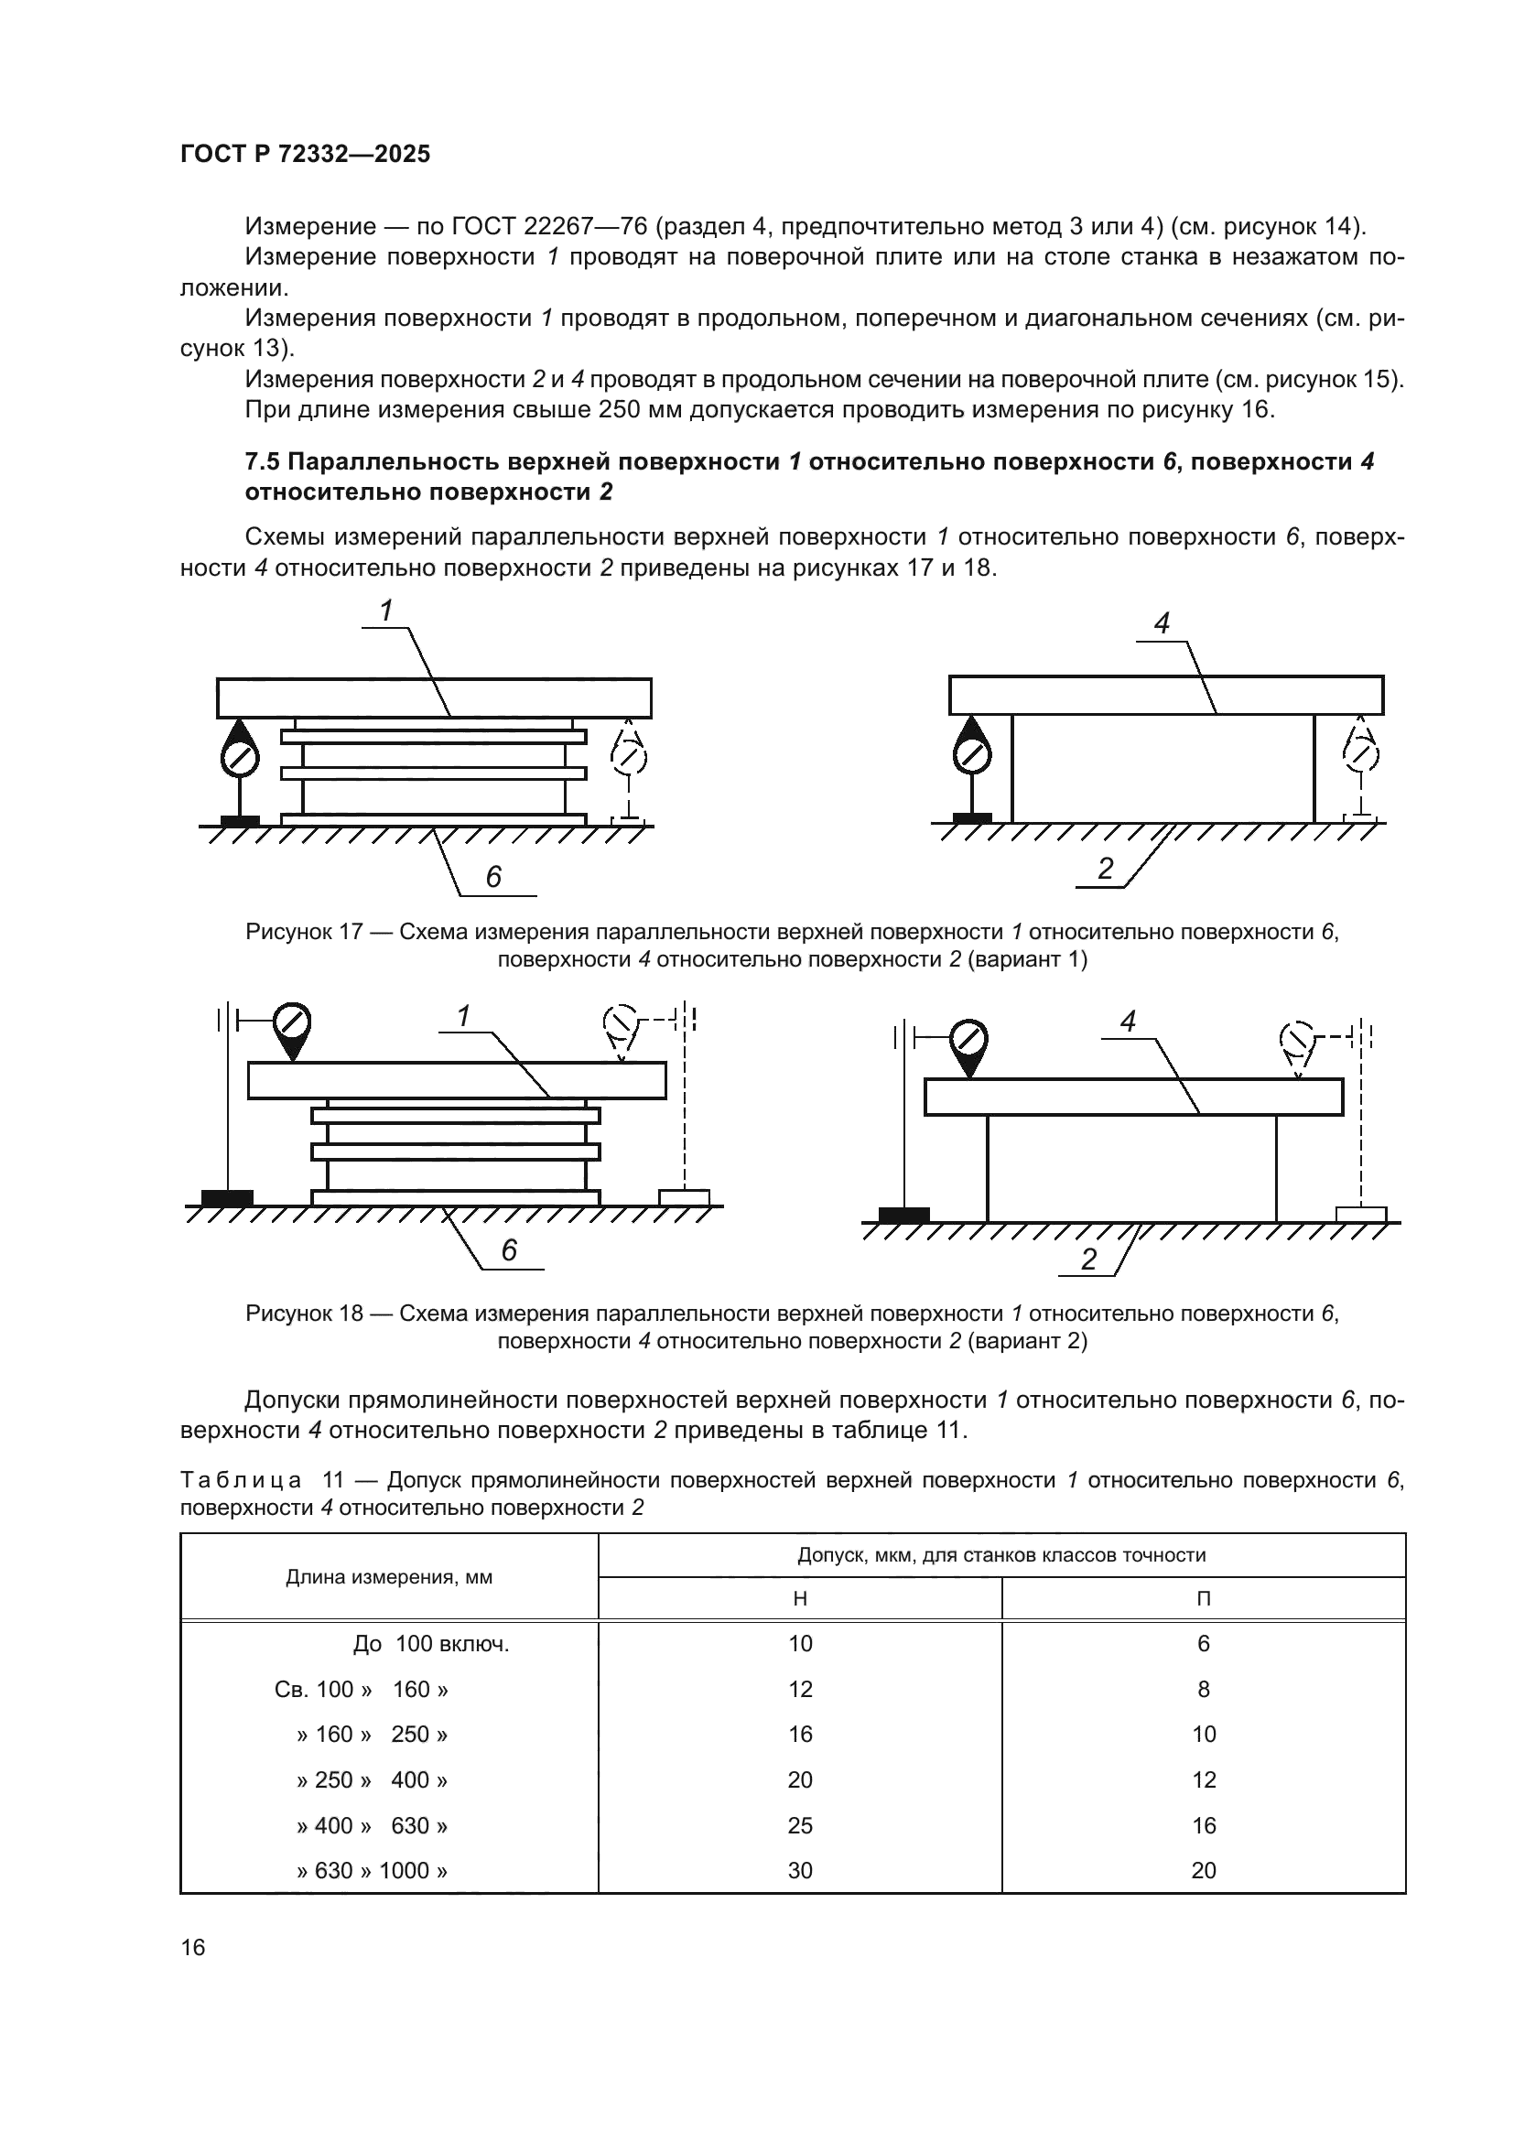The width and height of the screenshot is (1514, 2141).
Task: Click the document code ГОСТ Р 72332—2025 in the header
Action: coord(305,155)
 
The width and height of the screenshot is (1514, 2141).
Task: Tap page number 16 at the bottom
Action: coord(193,1947)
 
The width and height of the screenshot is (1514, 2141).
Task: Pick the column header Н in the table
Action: coord(800,1598)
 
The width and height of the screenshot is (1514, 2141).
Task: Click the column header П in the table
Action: coord(1204,1598)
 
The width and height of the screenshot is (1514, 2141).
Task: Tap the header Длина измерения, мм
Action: coord(389,1577)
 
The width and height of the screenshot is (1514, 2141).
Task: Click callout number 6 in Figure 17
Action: coord(493,877)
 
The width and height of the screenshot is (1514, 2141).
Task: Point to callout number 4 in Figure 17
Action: coord(1162,624)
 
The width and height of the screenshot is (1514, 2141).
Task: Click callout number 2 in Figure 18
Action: coord(1089,1260)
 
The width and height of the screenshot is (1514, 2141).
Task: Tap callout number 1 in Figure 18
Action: coord(463,1016)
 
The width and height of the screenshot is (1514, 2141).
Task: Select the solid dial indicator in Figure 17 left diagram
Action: coord(240,758)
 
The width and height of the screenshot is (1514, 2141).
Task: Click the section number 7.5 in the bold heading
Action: coord(264,461)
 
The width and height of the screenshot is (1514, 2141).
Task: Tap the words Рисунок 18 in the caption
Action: coord(304,1313)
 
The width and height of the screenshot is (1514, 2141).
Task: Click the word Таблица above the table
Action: coord(241,1480)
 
